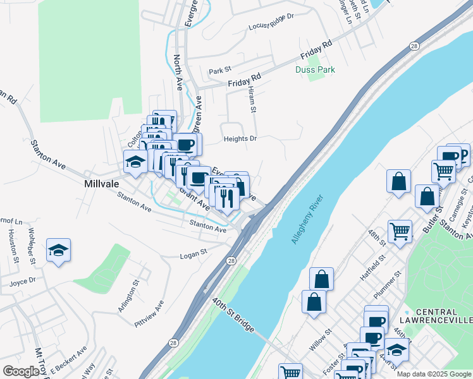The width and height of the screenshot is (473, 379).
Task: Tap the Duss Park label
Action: [315, 69]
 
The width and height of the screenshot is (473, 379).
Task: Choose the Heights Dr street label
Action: [240, 138]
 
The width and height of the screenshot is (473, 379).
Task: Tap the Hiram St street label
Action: [252, 100]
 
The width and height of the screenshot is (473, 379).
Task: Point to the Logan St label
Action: [194, 253]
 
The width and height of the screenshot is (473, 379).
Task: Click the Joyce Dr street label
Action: [23, 282]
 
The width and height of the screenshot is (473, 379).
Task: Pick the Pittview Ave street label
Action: [149, 313]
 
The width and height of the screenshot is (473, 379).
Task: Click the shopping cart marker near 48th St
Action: [400, 231]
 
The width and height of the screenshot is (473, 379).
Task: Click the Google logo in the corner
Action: [21, 371]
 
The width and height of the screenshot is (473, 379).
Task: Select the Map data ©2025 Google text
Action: [433, 374]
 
